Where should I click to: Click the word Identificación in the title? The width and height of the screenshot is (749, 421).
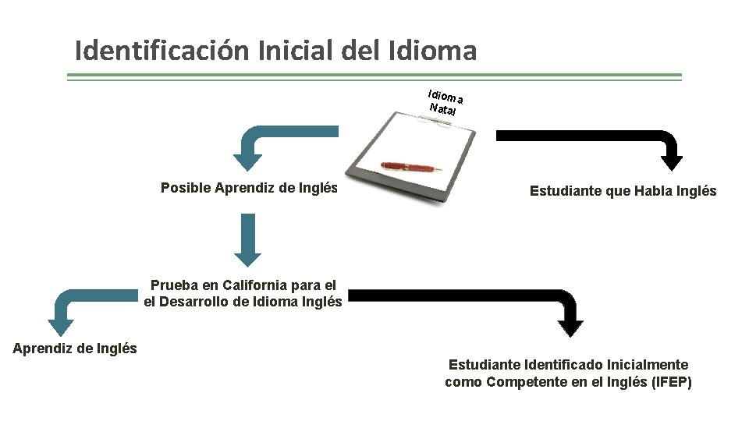point(159,51)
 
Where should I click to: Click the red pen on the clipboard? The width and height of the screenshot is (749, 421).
point(410,168)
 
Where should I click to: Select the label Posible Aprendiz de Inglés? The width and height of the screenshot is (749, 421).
point(249,188)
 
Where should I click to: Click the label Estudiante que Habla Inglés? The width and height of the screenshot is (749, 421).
point(623,191)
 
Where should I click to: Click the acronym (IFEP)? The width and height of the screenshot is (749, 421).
point(671,382)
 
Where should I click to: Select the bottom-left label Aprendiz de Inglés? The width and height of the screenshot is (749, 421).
point(75,348)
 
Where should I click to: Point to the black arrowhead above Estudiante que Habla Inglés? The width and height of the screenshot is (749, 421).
point(672,162)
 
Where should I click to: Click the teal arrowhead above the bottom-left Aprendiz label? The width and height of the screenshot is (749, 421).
point(61,327)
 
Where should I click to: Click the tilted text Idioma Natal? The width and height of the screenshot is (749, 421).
point(445,101)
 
